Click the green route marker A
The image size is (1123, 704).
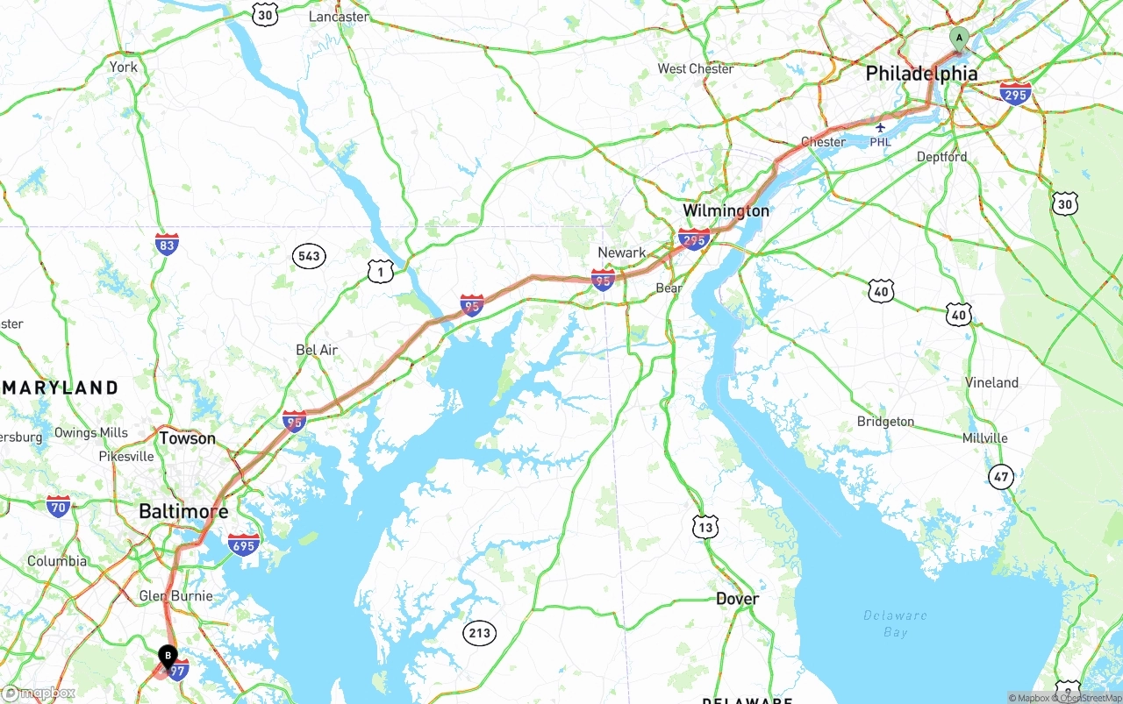click(x=959, y=38)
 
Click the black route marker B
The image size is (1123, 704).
click(x=168, y=655)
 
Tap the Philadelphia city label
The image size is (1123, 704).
click(x=921, y=74)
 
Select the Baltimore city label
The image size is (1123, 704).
click(x=183, y=511)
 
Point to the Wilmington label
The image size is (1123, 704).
click(x=726, y=210)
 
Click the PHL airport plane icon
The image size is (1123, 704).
click(x=881, y=128)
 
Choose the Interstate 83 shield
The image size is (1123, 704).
click(x=167, y=244)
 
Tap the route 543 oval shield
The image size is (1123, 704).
click(x=309, y=256)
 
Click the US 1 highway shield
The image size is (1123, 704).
click(x=380, y=271)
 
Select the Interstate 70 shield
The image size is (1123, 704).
click(x=59, y=506)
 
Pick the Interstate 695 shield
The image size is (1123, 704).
click(x=243, y=544)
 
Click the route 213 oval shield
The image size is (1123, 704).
click(x=480, y=633)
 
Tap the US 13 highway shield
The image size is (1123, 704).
click(x=705, y=526)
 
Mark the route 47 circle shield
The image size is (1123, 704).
click(x=1001, y=477)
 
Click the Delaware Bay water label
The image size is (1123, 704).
click(x=895, y=623)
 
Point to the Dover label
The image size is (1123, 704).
click(x=737, y=599)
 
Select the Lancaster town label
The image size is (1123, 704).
click(x=339, y=17)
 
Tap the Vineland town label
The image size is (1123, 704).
click(x=991, y=382)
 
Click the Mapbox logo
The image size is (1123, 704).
click(x=39, y=693)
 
